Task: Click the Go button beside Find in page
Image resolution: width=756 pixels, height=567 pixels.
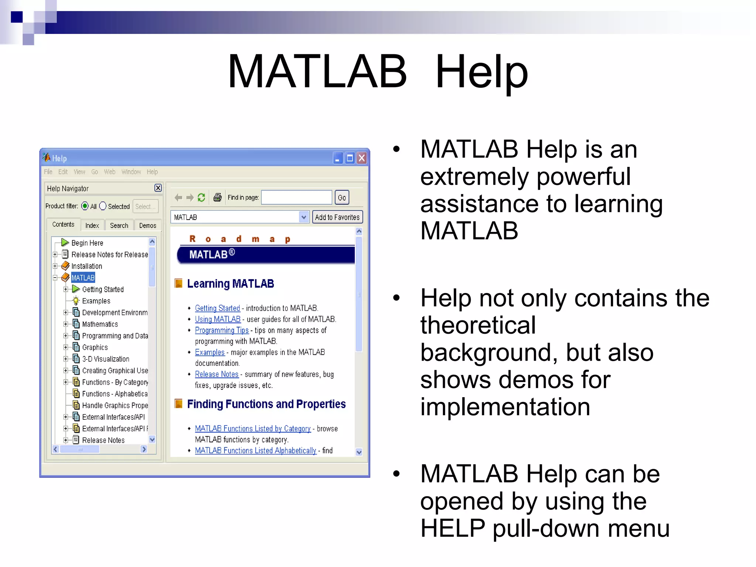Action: [x=342, y=198]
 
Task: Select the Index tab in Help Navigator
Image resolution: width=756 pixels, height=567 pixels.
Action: [x=92, y=226]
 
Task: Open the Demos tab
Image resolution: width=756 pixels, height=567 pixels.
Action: [x=148, y=226]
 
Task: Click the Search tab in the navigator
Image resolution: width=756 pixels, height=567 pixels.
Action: [x=119, y=226]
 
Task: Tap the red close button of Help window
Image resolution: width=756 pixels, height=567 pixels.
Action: [x=362, y=158]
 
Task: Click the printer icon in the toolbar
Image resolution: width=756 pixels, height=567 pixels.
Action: [x=217, y=197]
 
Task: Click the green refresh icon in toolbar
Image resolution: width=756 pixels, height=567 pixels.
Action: [x=201, y=197]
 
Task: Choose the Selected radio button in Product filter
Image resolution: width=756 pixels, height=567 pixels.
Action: [x=103, y=206]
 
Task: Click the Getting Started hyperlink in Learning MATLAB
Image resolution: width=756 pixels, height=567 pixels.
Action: [x=217, y=308]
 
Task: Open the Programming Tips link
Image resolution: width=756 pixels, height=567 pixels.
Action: [x=221, y=330]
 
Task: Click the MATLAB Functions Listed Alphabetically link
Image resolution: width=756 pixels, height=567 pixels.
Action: [x=255, y=451]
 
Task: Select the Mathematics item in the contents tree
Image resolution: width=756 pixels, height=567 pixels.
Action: [x=100, y=324]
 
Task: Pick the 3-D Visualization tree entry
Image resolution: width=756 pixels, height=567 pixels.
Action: [x=106, y=359]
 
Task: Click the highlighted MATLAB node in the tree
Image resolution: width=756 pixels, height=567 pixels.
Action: [x=83, y=278]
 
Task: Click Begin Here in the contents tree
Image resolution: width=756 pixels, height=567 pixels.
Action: [x=87, y=243]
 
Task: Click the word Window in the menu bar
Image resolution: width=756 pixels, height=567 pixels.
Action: [x=131, y=172]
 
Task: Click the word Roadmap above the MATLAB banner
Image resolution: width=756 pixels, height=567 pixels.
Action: [x=240, y=239]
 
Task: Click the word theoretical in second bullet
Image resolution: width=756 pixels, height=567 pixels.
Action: [x=478, y=325]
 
